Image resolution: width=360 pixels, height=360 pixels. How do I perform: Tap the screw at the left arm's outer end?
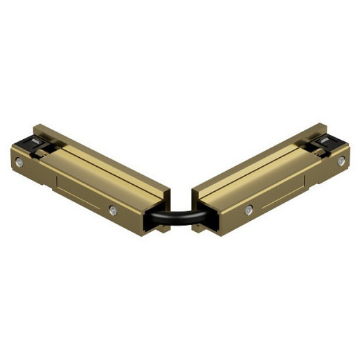point(21,162)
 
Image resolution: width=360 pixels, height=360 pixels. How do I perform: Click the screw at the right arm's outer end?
point(341,161)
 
